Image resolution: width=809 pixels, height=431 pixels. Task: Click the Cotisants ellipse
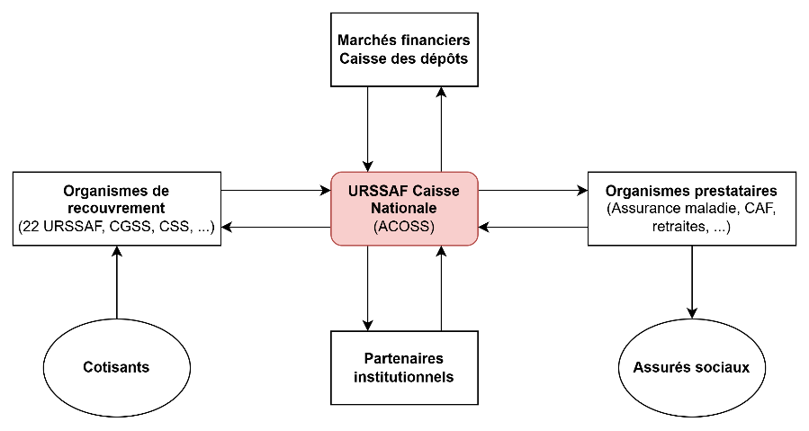(x=116, y=367)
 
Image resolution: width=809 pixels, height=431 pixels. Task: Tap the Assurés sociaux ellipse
(x=691, y=367)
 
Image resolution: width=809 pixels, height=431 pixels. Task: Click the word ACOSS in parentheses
(x=404, y=227)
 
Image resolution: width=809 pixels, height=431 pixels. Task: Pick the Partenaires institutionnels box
(x=404, y=367)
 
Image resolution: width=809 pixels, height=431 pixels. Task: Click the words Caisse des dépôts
(x=404, y=58)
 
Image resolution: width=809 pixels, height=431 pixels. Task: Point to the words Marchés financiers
(x=404, y=40)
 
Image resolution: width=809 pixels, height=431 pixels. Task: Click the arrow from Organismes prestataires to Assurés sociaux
(x=691, y=282)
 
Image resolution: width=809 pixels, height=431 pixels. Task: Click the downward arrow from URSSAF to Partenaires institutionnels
(x=368, y=288)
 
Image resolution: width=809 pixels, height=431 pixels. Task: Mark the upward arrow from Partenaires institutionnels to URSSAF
(x=441, y=288)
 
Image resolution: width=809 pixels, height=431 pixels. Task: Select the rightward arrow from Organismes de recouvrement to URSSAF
(x=275, y=191)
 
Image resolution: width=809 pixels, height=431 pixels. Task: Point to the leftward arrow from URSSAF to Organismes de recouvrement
(x=275, y=227)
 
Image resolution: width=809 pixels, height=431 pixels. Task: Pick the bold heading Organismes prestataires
(x=691, y=191)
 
